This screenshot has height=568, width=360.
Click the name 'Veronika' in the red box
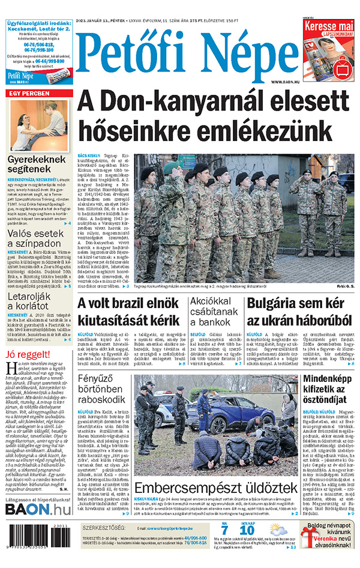pyautogui.click(x=322, y=540)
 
